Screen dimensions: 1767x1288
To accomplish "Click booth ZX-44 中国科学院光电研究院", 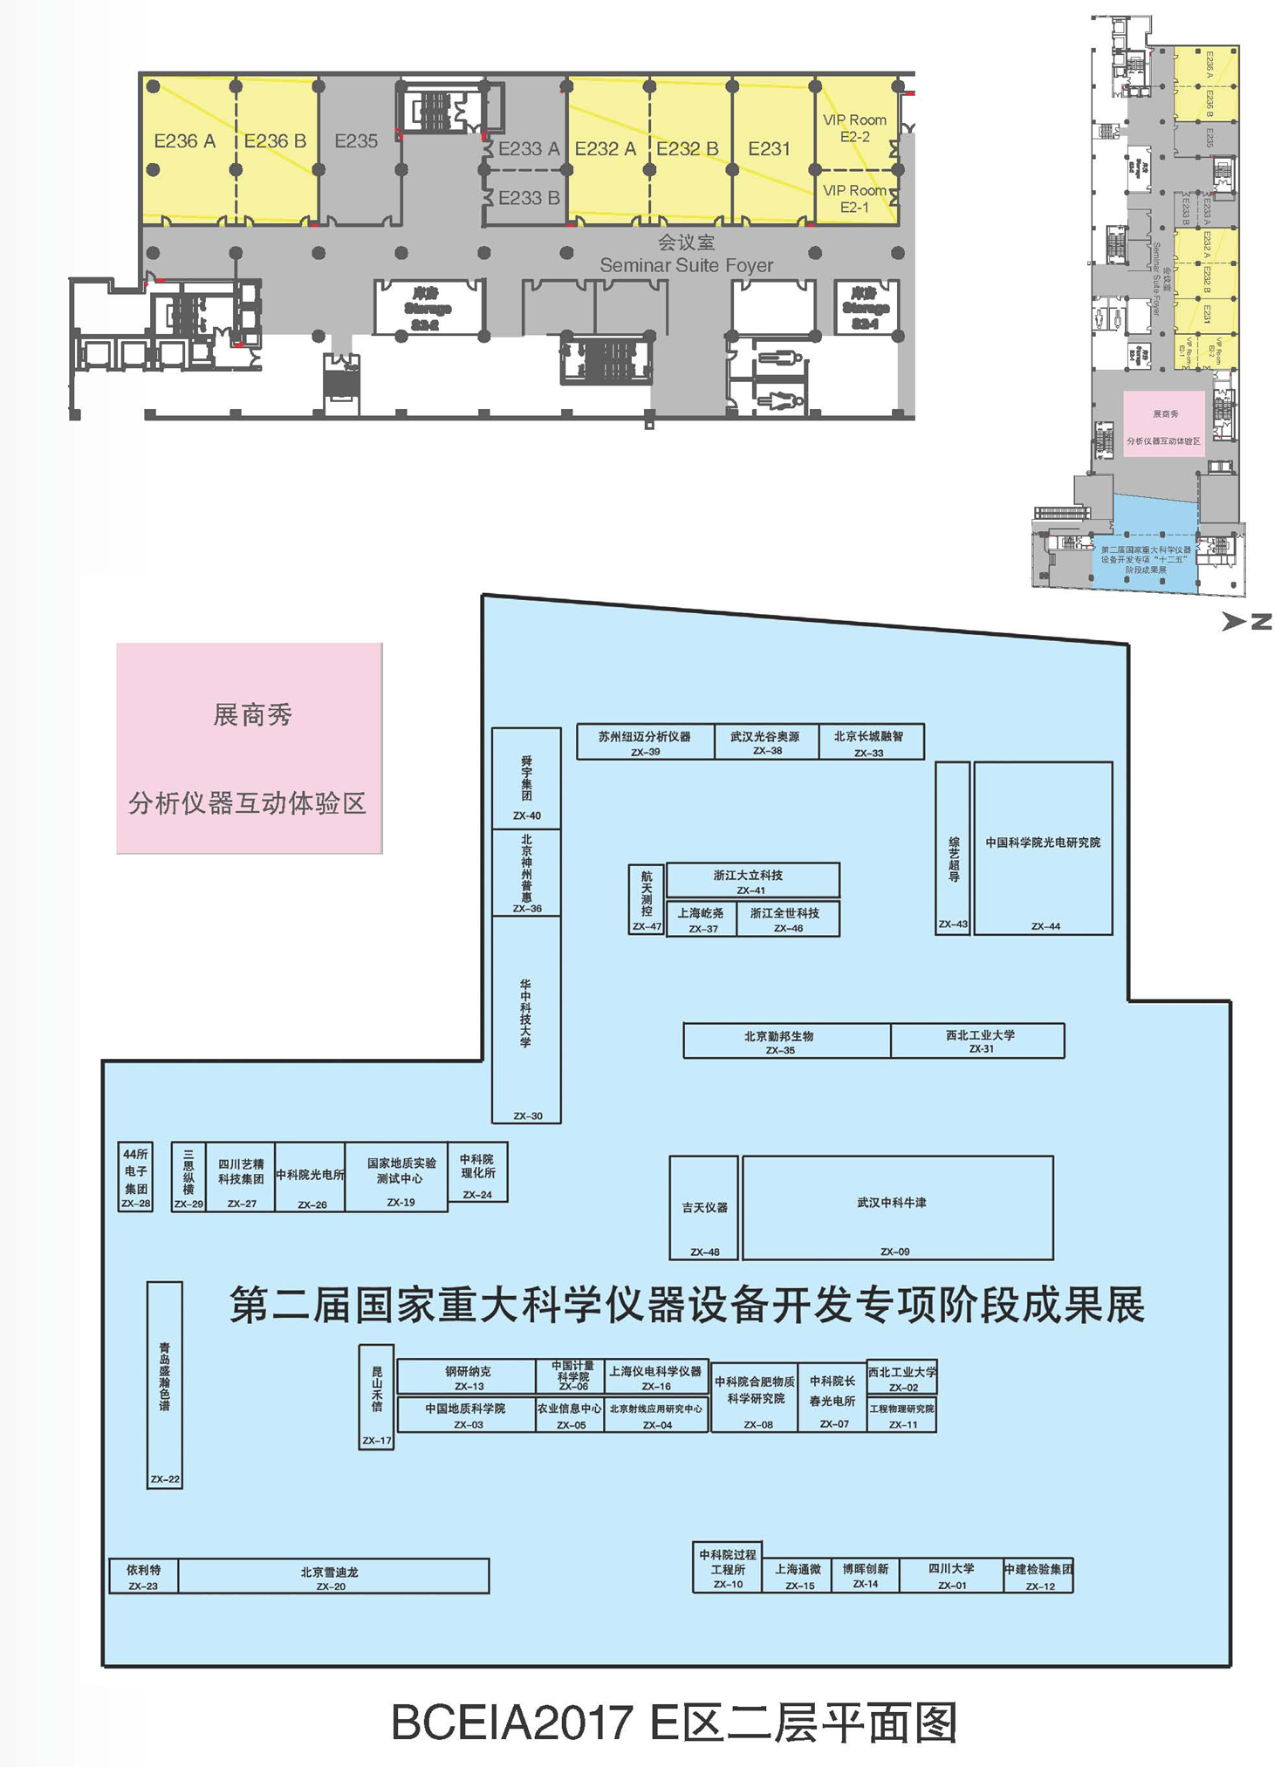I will [x=1043, y=848].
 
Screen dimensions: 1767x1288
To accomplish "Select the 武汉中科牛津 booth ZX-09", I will [x=897, y=1208].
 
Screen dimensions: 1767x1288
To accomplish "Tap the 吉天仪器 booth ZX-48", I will [x=704, y=1208].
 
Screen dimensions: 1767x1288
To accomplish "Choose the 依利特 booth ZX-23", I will [x=143, y=1576].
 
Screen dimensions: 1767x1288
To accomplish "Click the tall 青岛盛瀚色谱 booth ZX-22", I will [x=164, y=1385].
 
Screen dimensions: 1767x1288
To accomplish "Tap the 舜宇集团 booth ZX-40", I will [x=526, y=778].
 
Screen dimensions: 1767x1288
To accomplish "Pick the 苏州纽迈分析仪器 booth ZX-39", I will [x=645, y=741].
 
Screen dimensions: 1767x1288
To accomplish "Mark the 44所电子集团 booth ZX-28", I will [x=135, y=1177].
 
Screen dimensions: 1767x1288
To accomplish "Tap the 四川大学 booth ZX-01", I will [x=951, y=1576].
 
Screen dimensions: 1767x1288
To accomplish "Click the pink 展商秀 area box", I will [x=250, y=748].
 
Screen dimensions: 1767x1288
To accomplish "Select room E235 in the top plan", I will [x=356, y=141].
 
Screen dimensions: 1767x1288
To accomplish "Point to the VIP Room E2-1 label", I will [x=854, y=198].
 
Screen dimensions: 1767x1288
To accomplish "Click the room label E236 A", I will [x=185, y=141].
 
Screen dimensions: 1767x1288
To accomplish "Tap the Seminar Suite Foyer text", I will [x=686, y=265].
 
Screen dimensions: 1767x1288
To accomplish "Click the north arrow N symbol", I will [x=1248, y=621].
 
